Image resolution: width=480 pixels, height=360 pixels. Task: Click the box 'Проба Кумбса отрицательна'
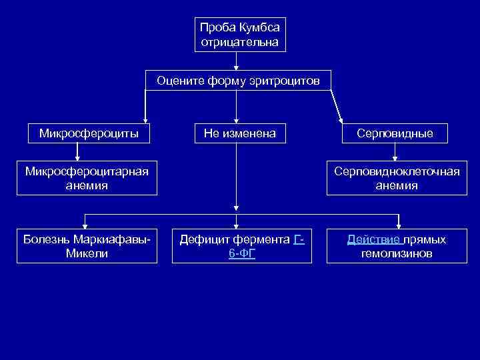pos(239,35)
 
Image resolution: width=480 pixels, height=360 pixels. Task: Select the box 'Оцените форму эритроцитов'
pos(238,81)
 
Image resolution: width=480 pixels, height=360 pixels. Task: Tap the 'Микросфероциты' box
pos(89,133)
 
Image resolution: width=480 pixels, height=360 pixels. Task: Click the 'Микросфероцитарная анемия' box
pos(87,179)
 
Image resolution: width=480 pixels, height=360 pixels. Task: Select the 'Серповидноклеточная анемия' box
pos(397,179)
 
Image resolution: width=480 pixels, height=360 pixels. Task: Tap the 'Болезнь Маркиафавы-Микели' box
pos(87,246)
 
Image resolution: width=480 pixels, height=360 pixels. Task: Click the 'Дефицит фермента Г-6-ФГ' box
pos(241,246)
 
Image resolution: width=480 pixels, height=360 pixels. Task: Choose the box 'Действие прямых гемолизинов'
pos(397,246)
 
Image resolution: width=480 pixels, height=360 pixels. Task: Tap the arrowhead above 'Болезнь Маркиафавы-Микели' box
pos(85,225)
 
